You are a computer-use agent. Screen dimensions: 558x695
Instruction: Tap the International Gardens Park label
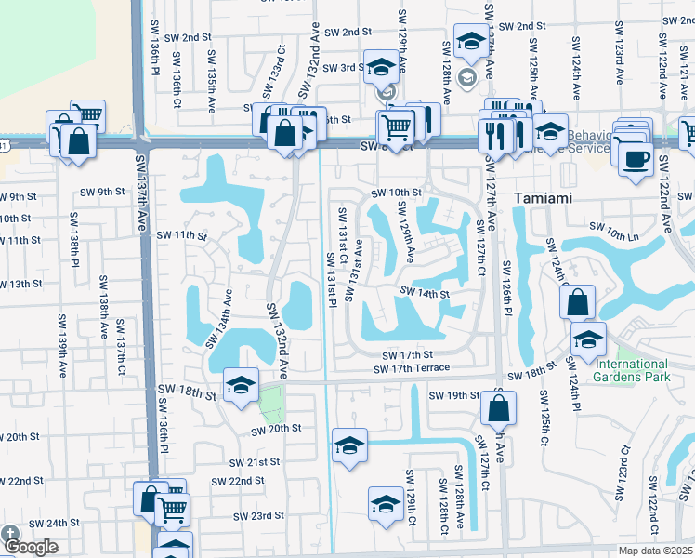point(632,370)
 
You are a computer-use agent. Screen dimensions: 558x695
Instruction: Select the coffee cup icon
point(636,158)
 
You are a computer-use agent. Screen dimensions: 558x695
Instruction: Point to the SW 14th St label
point(425,294)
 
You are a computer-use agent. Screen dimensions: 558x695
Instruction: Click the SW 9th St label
point(102,193)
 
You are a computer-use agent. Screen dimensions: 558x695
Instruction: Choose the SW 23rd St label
point(259,515)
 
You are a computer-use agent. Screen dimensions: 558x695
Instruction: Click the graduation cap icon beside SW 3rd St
point(380,67)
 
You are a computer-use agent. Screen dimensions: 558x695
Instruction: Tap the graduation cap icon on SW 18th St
point(241,386)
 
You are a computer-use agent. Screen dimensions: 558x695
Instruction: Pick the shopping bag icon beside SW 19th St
point(499,406)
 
